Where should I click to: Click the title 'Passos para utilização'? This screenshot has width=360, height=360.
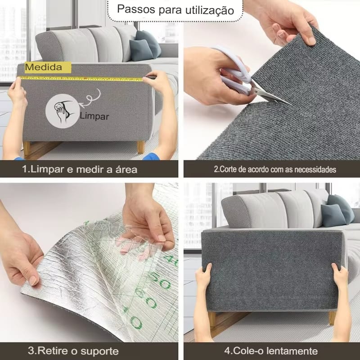pyautogui.click(x=175, y=9)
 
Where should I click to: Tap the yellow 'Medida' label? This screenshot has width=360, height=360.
pyautogui.click(x=48, y=67)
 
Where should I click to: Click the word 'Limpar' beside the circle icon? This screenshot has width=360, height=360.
pyautogui.click(x=94, y=116)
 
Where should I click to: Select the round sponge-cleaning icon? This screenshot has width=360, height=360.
pyautogui.click(x=62, y=111)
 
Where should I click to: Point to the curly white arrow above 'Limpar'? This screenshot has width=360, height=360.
pyautogui.click(x=91, y=98)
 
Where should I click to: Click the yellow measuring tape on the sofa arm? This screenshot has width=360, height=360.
pyautogui.click(x=81, y=79)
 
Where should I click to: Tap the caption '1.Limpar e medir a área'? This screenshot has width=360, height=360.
pyautogui.click(x=80, y=170)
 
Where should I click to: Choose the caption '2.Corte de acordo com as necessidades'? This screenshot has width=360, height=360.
pyautogui.click(x=275, y=170)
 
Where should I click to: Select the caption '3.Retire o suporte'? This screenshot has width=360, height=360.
pyautogui.click(x=73, y=351)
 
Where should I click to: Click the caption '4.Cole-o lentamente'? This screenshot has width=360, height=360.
pyautogui.click(x=271, y=351)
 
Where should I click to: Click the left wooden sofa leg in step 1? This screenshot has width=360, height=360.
pyautogui.click(x=27, y=149)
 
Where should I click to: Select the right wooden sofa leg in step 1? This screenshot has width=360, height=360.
pyautogui.click(x=141, y=147)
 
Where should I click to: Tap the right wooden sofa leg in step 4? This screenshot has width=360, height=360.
pyautogui.click(x=332, y=318)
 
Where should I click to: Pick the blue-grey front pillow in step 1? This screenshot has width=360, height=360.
pyautogui.click(x=140, y=50)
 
